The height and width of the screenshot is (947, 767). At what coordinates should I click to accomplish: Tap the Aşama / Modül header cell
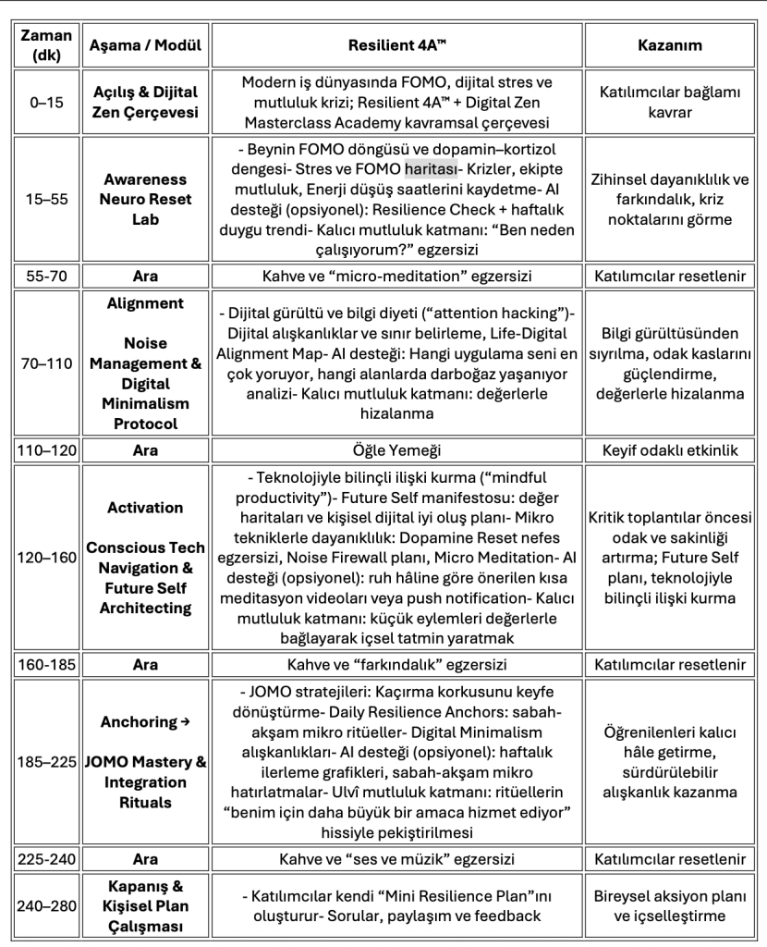[145, 44]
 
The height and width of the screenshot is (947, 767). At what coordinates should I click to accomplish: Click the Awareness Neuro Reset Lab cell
[145, 199]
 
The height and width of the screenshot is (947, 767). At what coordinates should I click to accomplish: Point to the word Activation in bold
[145, 507]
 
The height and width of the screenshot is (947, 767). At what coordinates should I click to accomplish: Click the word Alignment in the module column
[145, 303]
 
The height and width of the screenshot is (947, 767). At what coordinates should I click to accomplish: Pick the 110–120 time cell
[46, 450]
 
